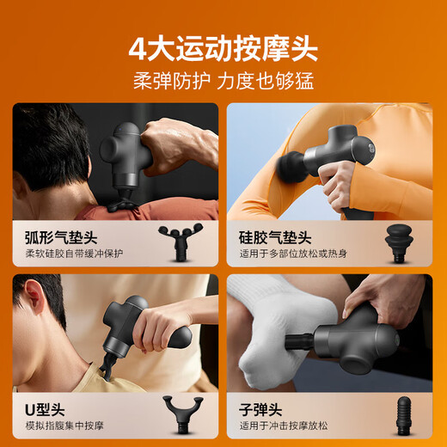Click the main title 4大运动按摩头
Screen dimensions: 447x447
(x=223, y=48)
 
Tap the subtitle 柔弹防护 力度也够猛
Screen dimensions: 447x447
(x=223, y=82)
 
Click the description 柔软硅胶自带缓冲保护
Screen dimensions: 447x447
(x=74, y=254)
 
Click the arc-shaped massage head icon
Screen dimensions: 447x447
(x=181, y=241)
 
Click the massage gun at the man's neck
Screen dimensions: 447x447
(x=138, y=331)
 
